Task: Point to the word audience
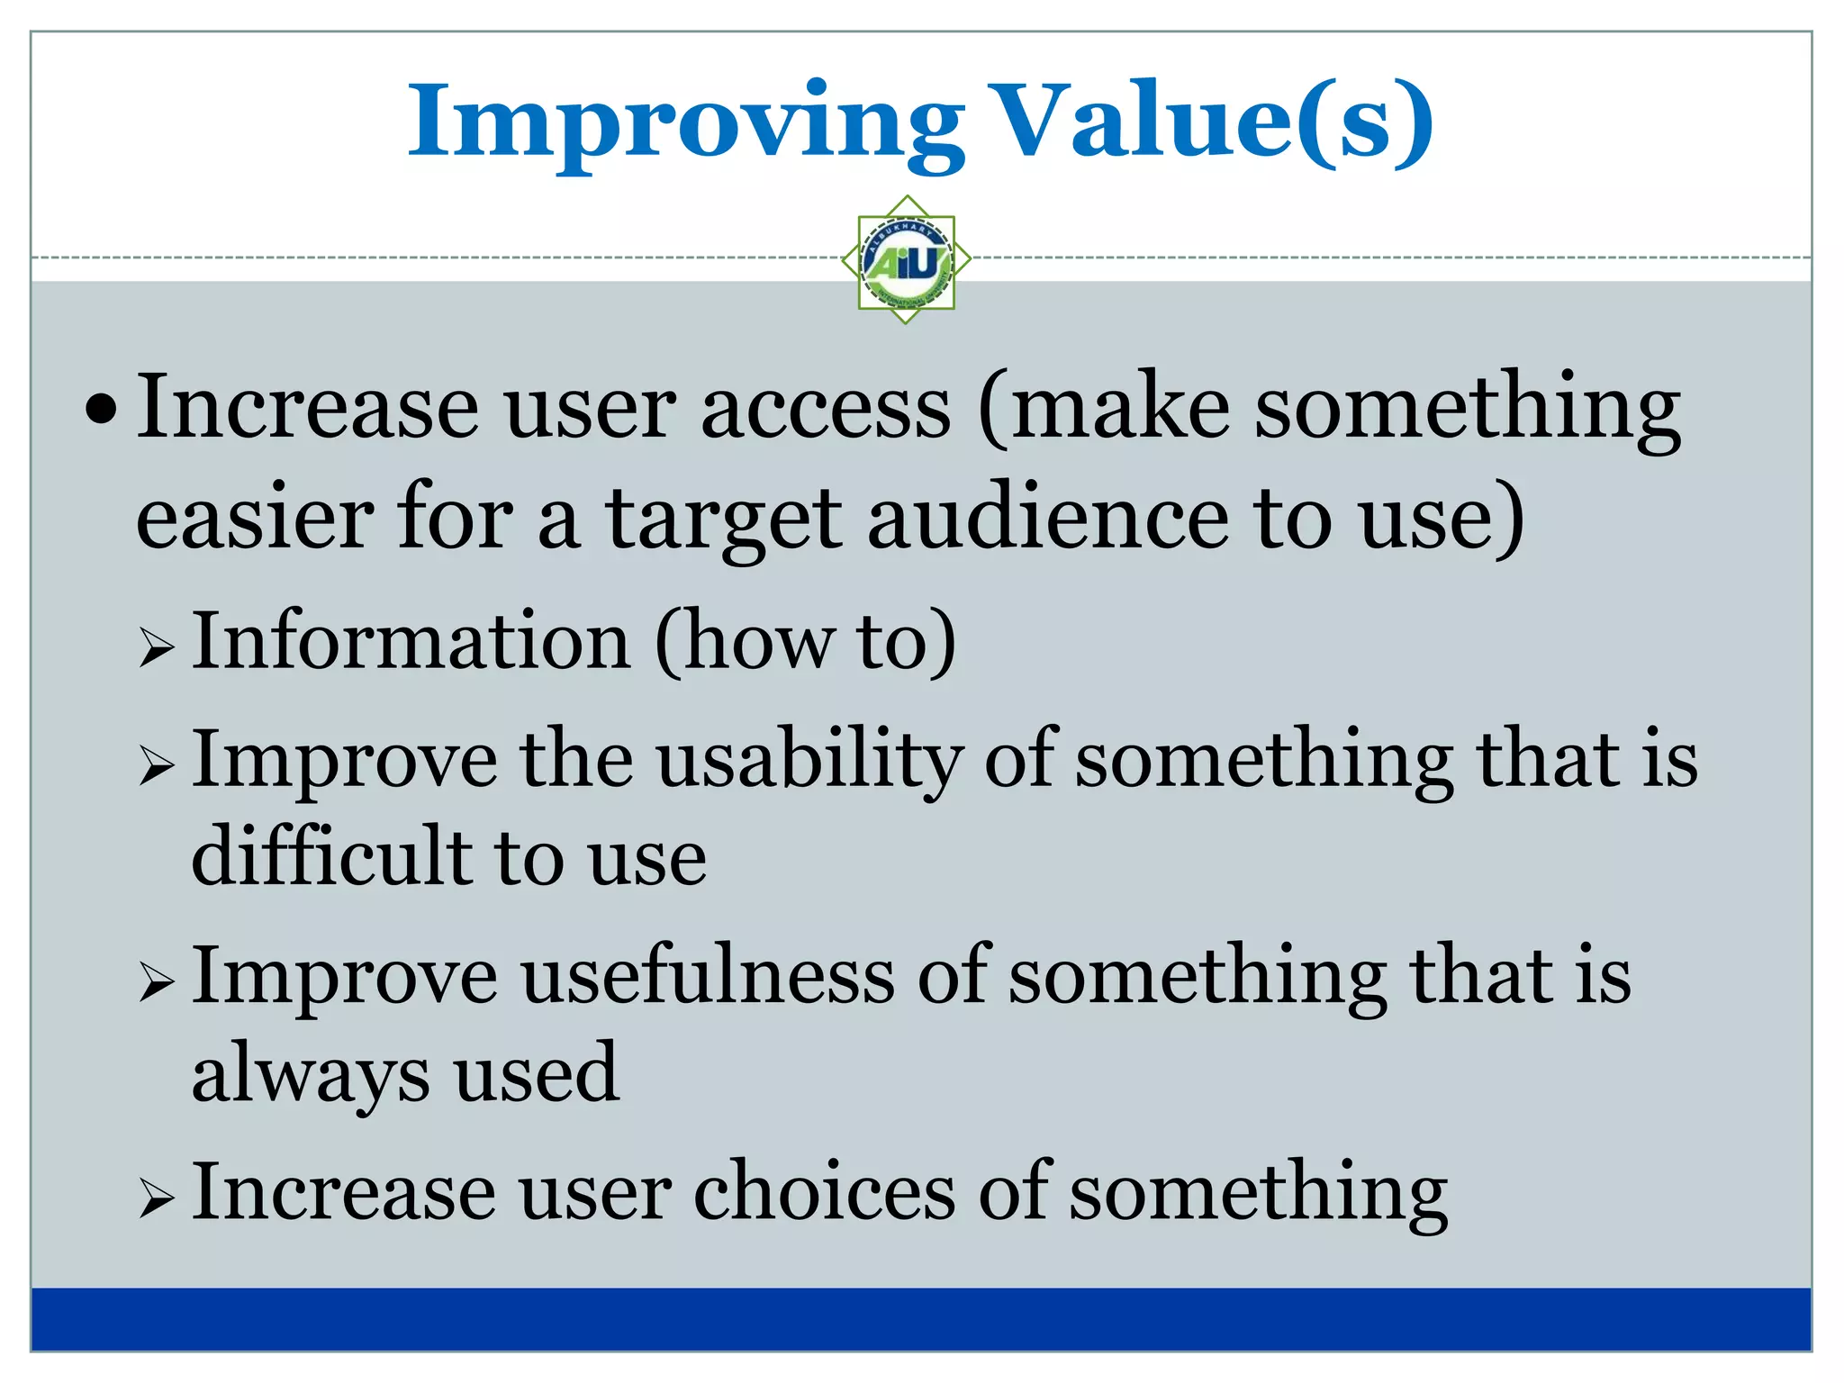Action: tap(1047, 520)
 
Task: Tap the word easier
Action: tap(254, 520)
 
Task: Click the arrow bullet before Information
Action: tap(157, 647)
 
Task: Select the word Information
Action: tap(411, 641)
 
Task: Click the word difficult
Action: tap(330, 856)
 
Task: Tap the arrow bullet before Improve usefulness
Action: tap(157, 982)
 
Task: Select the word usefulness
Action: tap(708, 977)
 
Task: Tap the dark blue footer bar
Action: tap(920, 1319)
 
